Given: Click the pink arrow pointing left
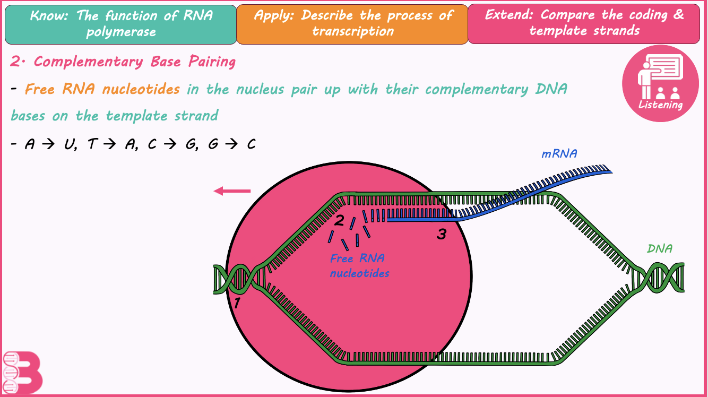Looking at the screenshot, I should (232, 191).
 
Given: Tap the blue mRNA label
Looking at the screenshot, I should (559, 154).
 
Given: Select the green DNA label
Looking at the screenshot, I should (659, 248).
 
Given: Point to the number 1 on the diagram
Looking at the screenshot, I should (237, 303).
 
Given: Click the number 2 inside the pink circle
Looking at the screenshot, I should (339, 220).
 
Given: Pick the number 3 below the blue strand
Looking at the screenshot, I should (441, 234).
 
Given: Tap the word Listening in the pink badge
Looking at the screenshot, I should (660, 105).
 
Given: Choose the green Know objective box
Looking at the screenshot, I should (121, 24).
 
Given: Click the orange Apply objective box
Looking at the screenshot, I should (352, 24).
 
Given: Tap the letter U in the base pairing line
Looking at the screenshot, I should (70, 144).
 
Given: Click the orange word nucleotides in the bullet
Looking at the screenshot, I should (141, 89).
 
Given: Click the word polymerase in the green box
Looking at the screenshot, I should (121, 32).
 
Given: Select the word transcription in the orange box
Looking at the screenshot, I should (353, 31).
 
